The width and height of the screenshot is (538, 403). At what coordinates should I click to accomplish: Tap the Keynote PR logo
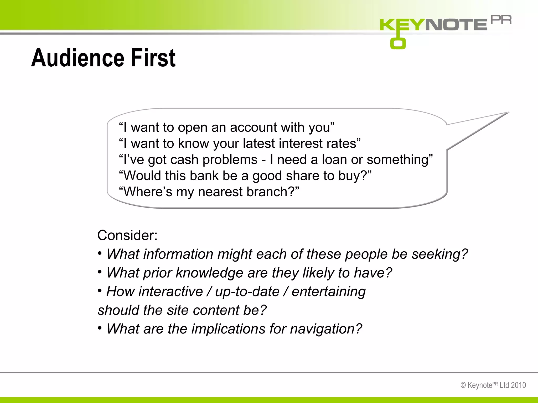point(445,25)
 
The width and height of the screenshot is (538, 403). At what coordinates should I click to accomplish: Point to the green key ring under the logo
point(398,43)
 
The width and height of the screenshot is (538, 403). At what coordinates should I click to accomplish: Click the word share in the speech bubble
point(303,176)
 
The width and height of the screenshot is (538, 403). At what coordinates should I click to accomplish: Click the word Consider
point(127,235)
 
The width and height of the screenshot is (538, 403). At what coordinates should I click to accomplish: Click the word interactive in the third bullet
point(170,291)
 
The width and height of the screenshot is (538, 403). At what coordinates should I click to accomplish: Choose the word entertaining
point(329,291)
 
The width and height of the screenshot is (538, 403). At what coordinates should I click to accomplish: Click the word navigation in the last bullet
point(326,329)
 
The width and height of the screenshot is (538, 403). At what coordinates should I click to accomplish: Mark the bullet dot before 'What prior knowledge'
point(100,272)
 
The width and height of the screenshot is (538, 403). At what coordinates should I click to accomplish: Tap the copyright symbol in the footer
point(463,385)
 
